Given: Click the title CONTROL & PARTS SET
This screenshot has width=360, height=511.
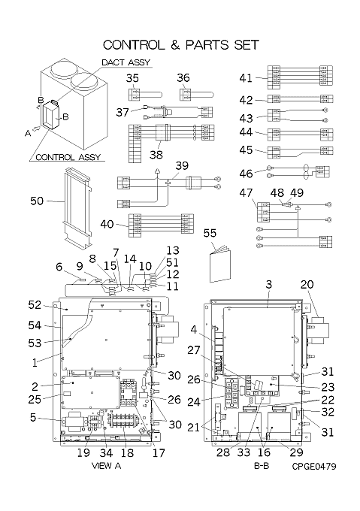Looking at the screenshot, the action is click(x=181, y=45).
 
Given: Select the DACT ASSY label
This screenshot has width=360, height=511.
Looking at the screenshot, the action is click(x=126, y=62).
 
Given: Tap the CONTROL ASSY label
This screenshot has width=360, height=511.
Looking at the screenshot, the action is click(x=68, y=157).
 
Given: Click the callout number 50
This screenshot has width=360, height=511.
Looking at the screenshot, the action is click(x=37, y=201).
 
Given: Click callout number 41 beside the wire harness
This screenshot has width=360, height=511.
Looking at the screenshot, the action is click(x=246, y=78).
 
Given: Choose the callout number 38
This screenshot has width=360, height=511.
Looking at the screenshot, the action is click(x=156, y=155).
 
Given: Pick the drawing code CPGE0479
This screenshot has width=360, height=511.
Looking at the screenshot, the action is click(x=313, y=467).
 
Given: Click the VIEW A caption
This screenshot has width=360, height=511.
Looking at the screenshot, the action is click(x=106, y=466).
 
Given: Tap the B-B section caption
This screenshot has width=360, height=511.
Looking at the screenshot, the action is click(x=262, y=466).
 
